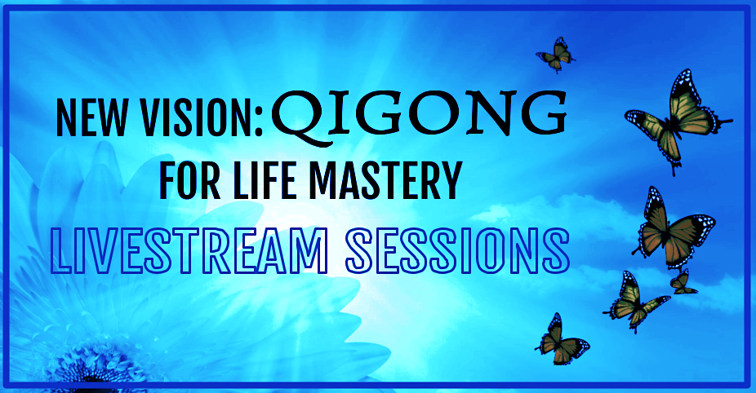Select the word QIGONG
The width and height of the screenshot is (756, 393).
click(419, 115)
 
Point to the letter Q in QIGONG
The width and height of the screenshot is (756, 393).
click(300, 117)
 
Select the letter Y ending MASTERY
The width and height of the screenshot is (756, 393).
click(449, 181)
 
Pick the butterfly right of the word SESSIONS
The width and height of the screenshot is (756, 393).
click(674, 227)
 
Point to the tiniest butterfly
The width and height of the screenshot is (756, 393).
click(683, 283)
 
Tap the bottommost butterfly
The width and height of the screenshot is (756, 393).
click(561, 339)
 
